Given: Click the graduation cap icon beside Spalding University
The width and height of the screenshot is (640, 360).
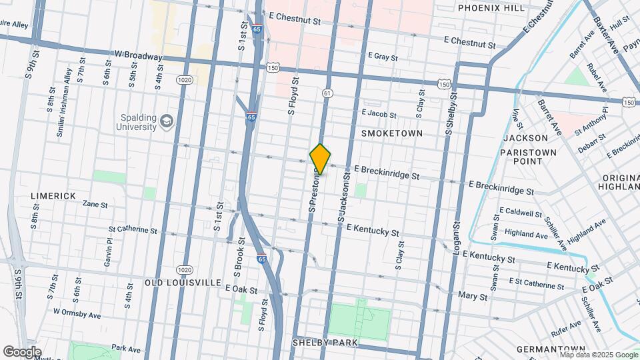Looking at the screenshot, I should pos(166,121).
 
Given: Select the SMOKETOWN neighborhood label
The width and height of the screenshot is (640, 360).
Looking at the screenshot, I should pos(392,133).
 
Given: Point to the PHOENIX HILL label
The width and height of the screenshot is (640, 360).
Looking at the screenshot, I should pos(491,8).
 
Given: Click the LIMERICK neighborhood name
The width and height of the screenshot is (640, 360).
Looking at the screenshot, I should pos(53,196).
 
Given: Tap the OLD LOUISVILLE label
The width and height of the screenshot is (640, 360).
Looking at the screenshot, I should pos(183,283).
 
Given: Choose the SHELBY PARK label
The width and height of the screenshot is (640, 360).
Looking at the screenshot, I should pos(325,343).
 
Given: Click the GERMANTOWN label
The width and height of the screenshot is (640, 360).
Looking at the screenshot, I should pos(550,349).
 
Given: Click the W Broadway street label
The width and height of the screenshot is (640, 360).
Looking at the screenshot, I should pos(138,56).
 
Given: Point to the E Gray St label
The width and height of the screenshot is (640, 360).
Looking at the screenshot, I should pos(387,57).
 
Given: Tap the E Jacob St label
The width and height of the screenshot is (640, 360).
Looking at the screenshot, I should pos(379,114).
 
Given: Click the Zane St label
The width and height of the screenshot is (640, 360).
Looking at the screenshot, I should pos(95,205).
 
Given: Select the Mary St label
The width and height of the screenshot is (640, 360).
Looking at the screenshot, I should pos(473,295).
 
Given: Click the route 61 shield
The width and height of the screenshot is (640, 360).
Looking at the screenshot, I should pos(327,93).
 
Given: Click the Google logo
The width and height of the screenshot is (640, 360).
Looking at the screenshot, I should pos(23,351).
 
